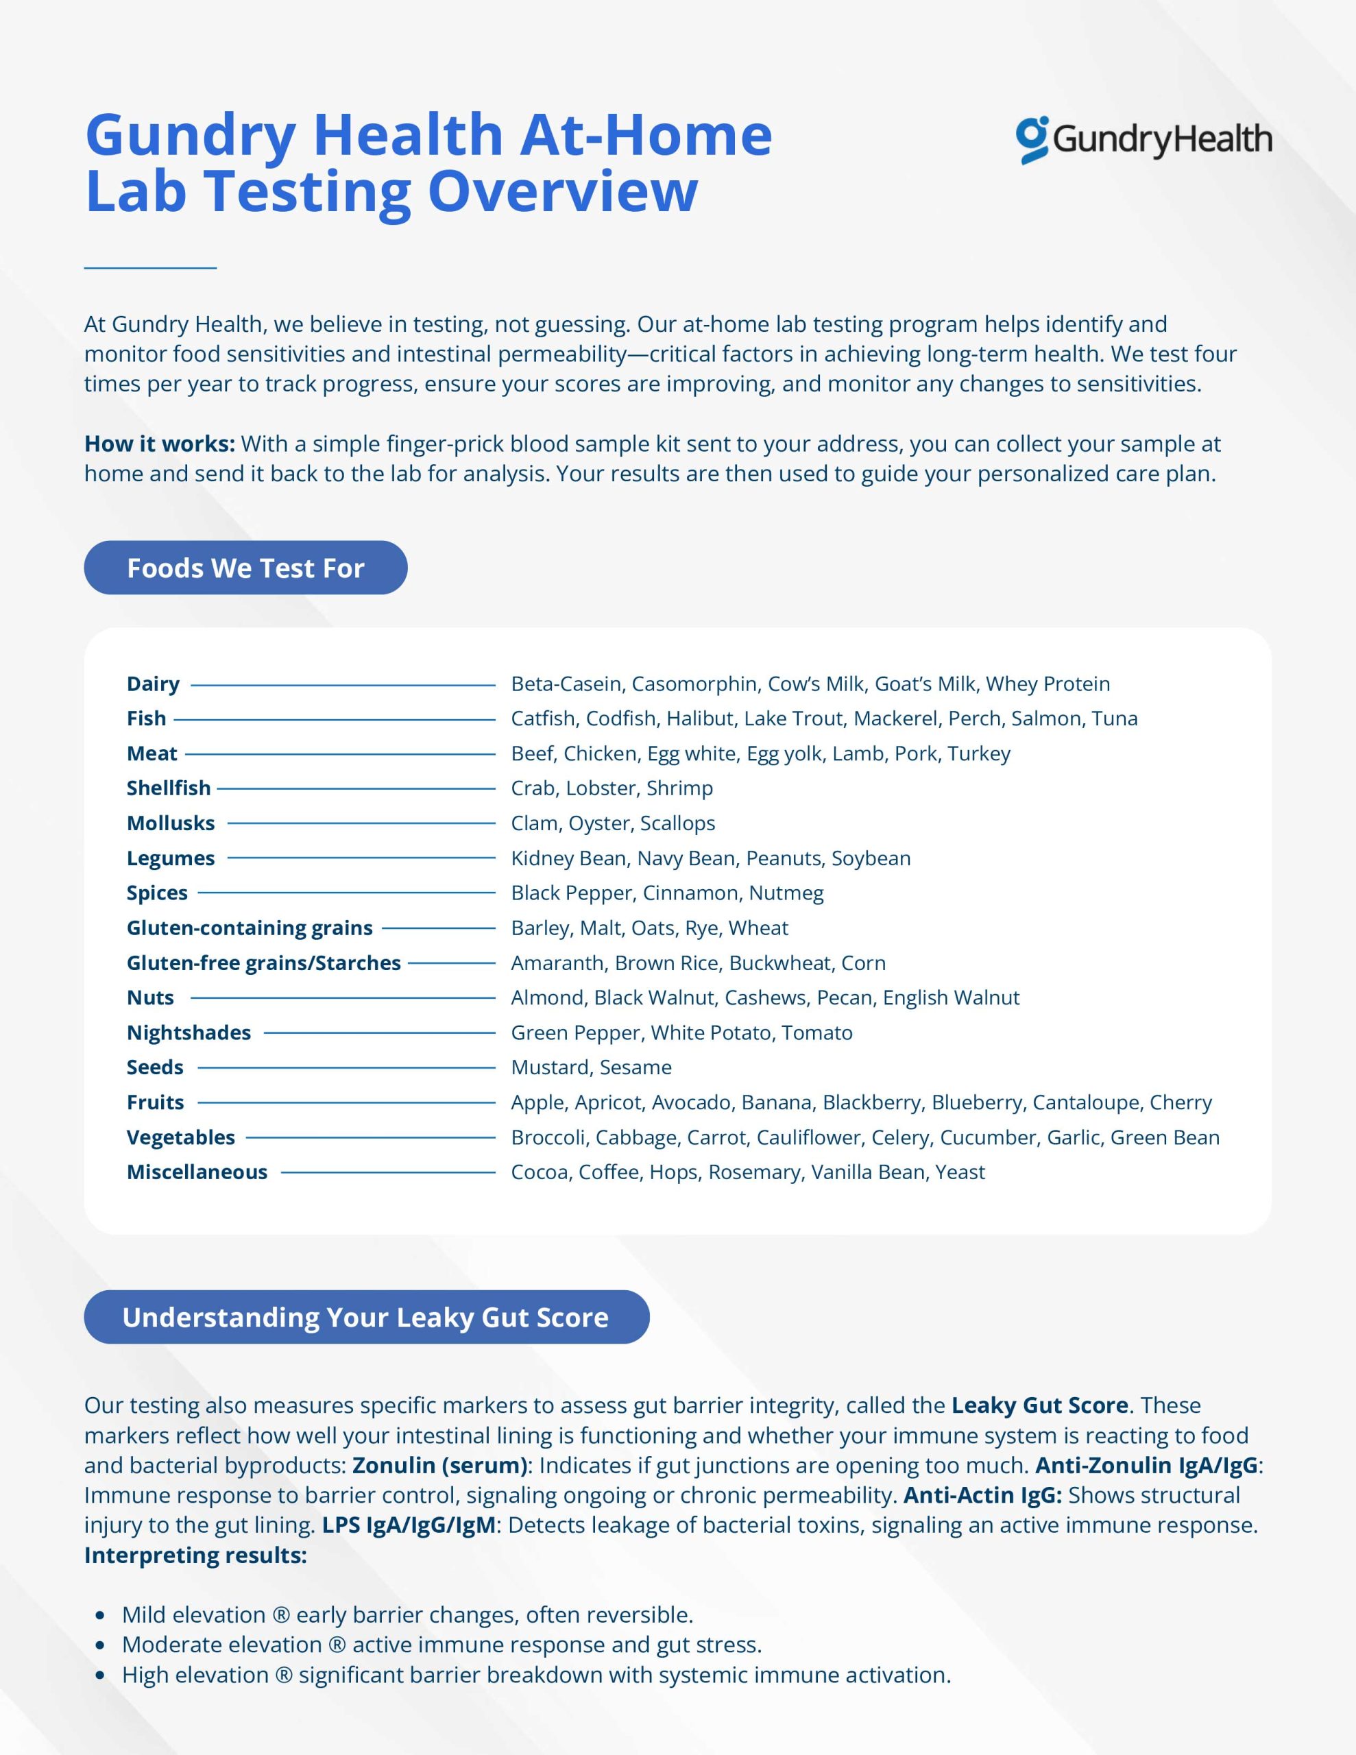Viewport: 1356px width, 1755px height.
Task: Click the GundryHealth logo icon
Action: point(1032,140)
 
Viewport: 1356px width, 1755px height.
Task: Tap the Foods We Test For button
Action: point(245,568)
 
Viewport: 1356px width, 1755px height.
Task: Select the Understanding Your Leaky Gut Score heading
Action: point(365,1317)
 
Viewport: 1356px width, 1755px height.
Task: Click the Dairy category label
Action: point(153,684)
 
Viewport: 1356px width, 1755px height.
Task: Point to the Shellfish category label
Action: point(168,788)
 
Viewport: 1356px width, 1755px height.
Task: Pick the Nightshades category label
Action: point(188,1032)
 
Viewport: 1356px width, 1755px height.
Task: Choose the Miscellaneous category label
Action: point(196,1172)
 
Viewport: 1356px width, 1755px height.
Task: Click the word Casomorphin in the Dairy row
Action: point(694,684)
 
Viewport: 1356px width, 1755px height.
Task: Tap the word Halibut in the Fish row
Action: point(700,718)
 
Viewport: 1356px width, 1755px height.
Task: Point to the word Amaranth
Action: point(557,963)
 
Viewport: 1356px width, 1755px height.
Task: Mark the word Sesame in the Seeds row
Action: point(635,1067)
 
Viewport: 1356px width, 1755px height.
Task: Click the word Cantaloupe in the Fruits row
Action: point(1085,1102)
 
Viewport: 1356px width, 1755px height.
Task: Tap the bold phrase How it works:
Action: point(159,444)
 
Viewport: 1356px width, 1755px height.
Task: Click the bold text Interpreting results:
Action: point(195,1555)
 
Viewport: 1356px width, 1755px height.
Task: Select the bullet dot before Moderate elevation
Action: point(101,1645)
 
